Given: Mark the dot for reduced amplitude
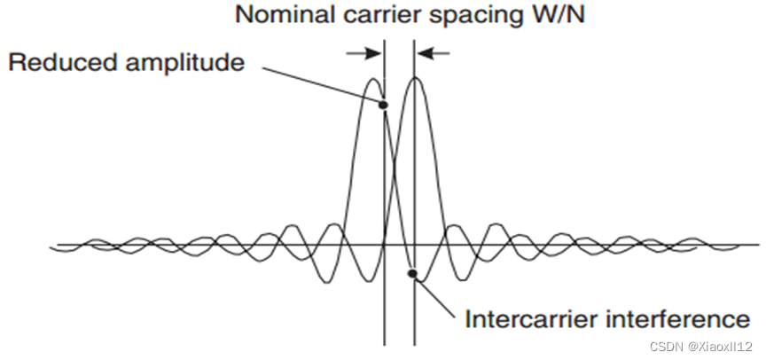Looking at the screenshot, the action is pyautogui.click(x=384, y=106).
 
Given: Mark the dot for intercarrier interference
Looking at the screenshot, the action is pyautogui.click(x=412, y=273).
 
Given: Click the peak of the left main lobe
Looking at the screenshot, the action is pyautogui.click(x=373, y=79).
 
